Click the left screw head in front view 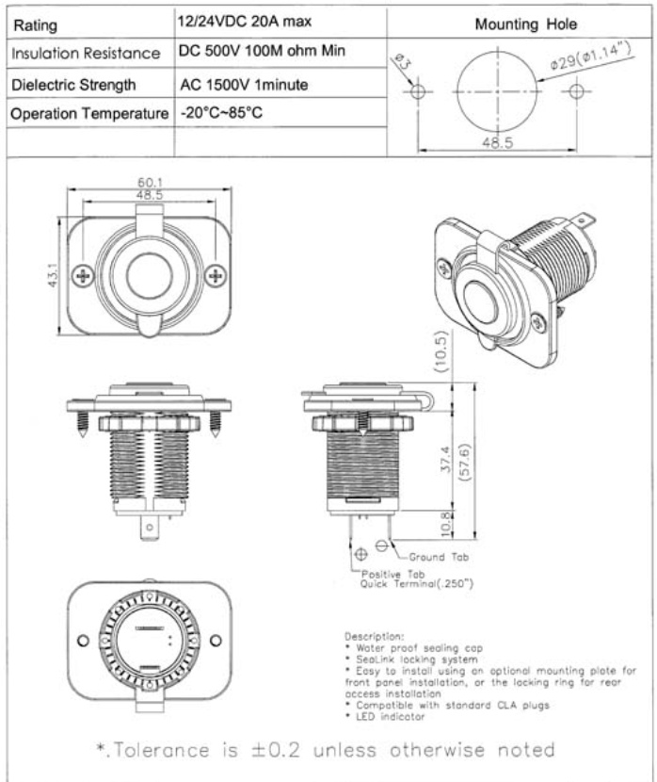tap(85, 274)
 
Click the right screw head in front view tap(216, 274)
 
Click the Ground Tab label tap(436, 557)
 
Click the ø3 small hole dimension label tap(400, 66)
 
